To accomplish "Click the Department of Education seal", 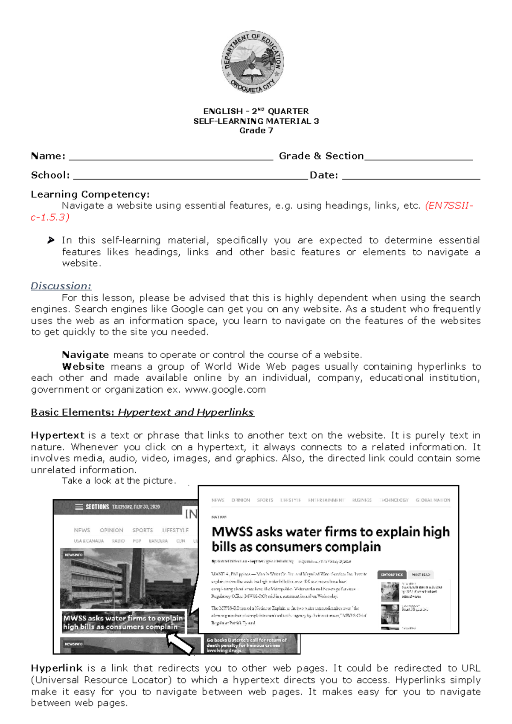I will tap(253, 62).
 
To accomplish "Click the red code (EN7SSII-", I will tap(449, 206).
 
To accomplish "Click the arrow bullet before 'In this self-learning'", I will tap(51, 240).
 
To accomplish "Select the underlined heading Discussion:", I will tap(61, 286).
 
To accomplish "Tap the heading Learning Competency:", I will tap(90, 194).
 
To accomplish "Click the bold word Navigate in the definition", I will tap(85, 355).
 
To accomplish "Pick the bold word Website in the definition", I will tap(83, 367).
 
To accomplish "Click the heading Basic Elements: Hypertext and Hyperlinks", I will tap(142, 413).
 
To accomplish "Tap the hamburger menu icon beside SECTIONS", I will tap(79, 507).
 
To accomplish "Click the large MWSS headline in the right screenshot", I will tap(330, 539).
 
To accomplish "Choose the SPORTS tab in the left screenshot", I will tap(143, 530).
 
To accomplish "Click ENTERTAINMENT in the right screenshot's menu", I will tap(326, 500).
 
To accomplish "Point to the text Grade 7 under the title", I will tap(256, 130).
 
